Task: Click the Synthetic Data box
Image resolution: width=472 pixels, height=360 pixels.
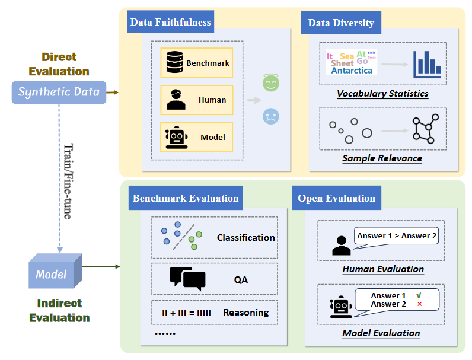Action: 59,92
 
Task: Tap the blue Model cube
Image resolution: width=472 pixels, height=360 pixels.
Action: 53,273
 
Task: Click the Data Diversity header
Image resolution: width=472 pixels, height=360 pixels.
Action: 341,23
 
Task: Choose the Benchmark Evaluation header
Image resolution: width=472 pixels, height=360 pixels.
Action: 186,198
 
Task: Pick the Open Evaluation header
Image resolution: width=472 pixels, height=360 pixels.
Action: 336,198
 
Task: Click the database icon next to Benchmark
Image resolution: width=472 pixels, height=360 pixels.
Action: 174,62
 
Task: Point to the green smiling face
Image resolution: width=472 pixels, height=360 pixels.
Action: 271,84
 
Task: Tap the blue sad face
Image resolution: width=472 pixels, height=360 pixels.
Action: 271,116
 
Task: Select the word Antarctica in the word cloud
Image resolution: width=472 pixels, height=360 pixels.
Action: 352,71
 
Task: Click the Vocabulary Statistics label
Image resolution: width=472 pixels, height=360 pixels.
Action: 382,93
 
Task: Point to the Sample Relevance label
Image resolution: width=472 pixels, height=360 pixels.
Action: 382,158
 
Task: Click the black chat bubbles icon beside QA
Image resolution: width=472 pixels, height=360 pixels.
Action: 187,278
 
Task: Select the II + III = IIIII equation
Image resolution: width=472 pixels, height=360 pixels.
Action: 186,312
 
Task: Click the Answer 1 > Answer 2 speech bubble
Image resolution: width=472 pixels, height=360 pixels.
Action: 397,236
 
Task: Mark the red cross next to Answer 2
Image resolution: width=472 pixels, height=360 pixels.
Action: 419,304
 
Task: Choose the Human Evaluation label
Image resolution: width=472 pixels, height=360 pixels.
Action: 383,269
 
